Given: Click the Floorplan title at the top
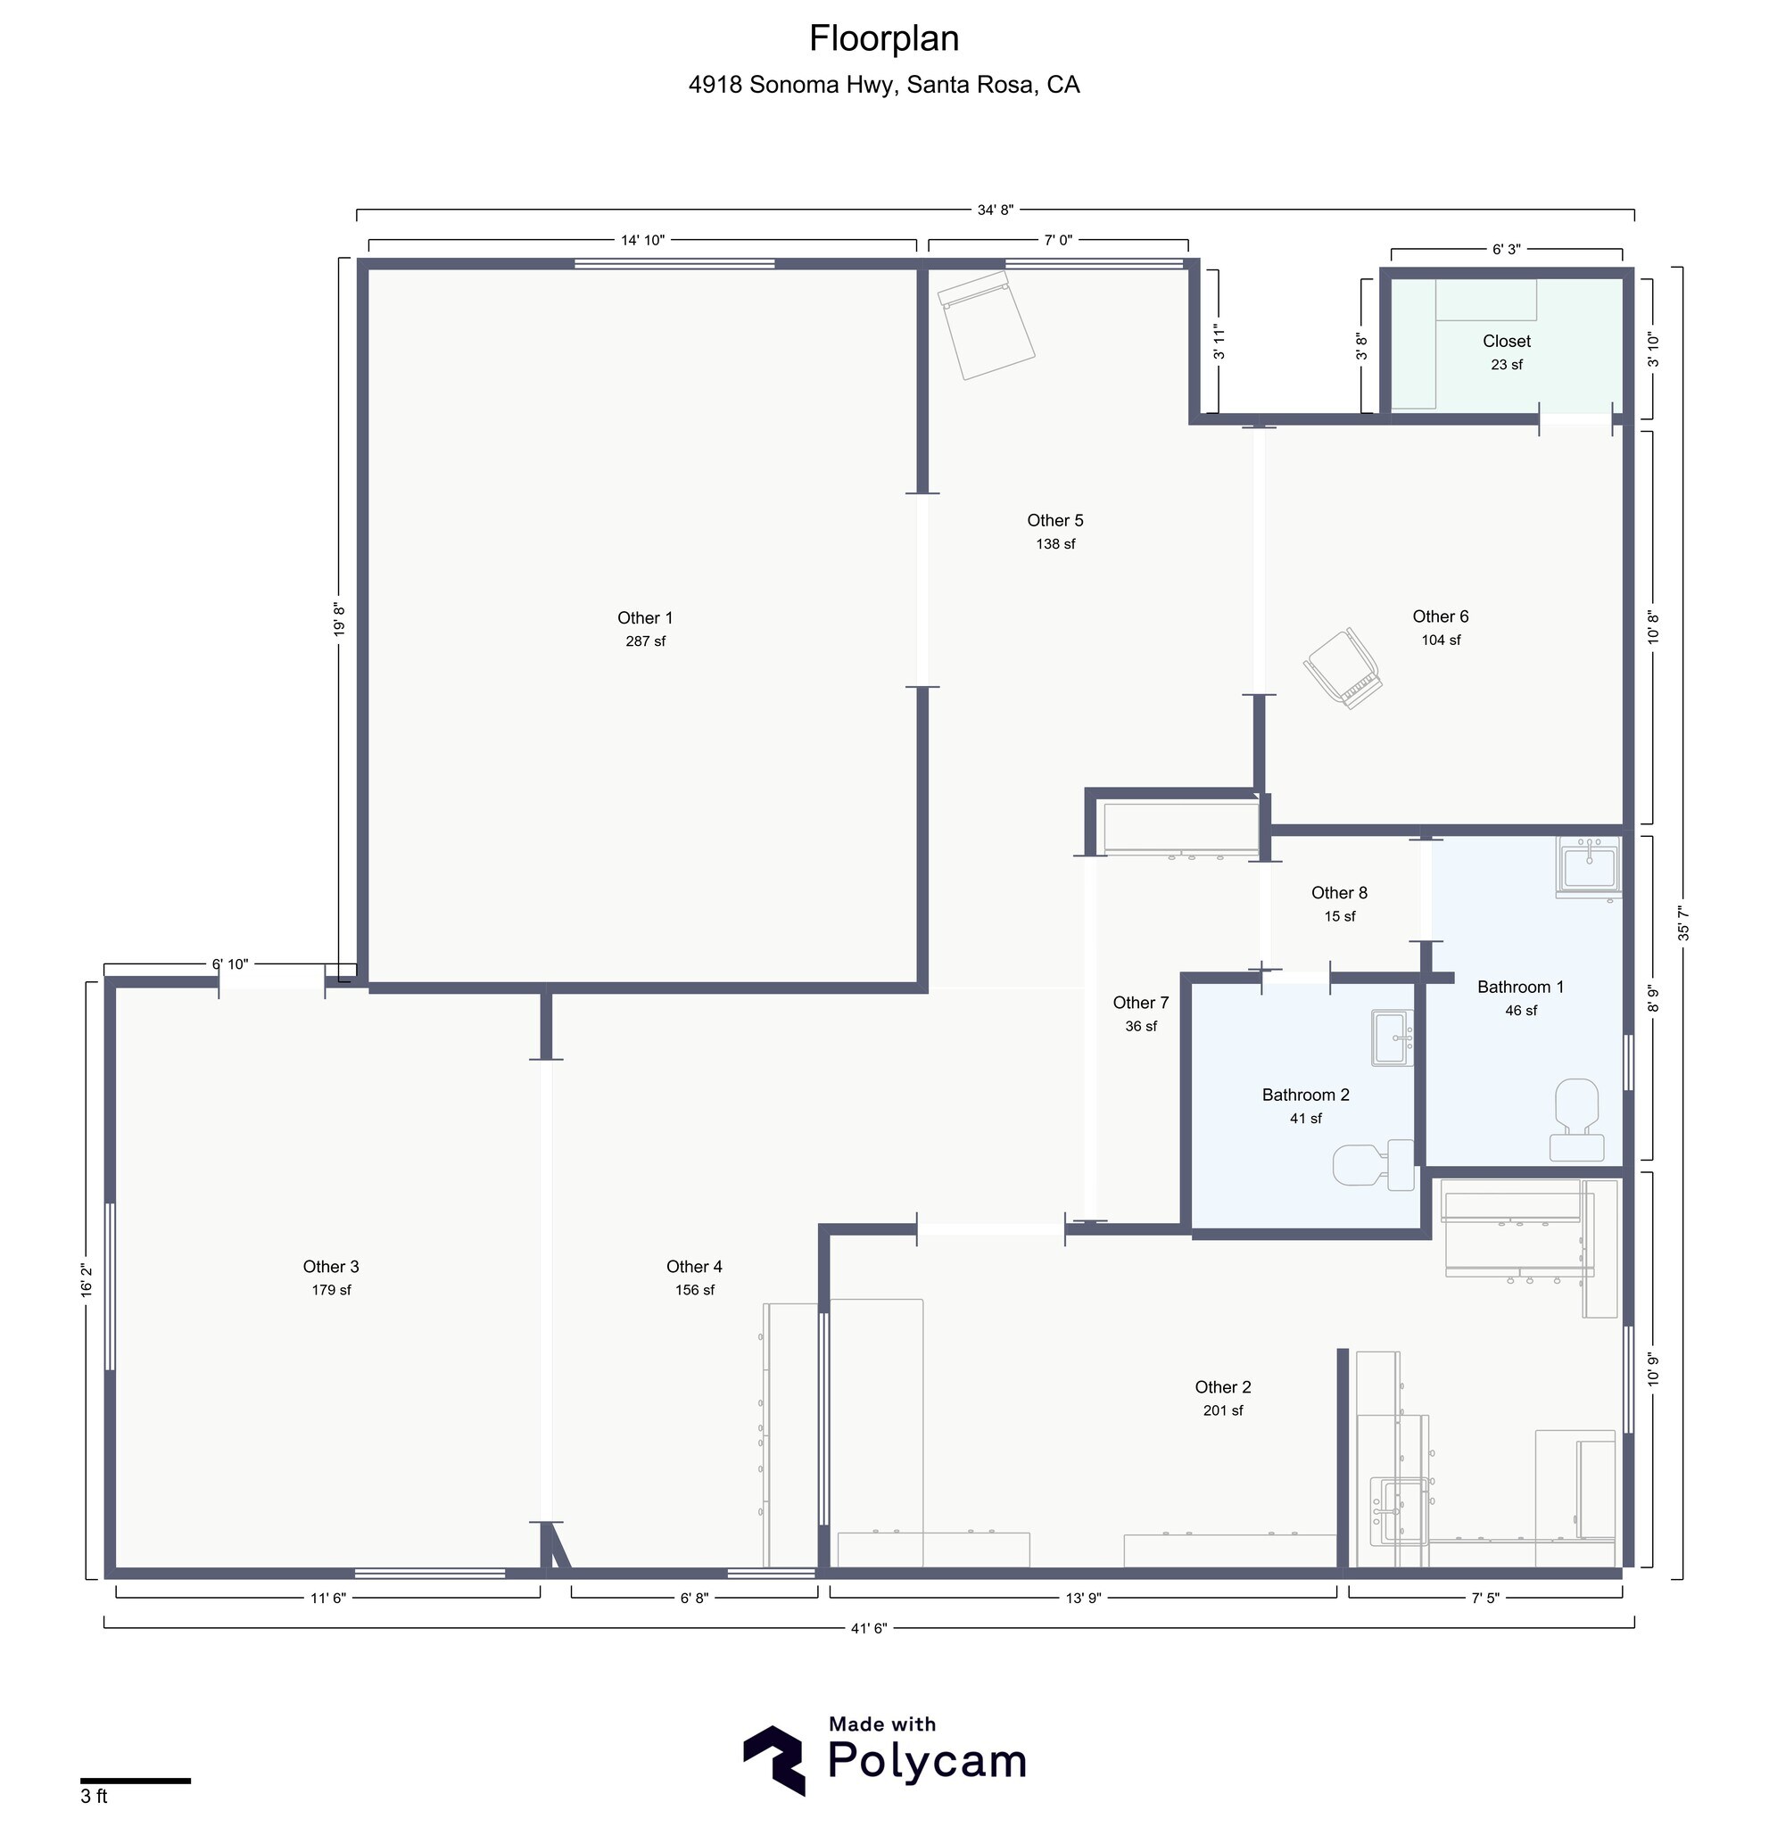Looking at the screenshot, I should (883, 39).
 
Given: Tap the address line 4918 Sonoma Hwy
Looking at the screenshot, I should (883, 85).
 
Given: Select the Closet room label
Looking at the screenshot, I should (1506, 341).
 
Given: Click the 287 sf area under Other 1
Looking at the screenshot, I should (645, 641).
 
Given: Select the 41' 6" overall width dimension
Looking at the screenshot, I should (869, 1628).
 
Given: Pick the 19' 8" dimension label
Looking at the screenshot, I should (339, 620).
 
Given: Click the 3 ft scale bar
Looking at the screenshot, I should (135, 1781).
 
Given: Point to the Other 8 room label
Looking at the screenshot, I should (1339, 893).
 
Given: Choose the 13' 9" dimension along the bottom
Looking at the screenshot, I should (1083, 1598).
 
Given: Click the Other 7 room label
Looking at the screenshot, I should (1140, 1003).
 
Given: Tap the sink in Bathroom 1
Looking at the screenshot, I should (1589, 866).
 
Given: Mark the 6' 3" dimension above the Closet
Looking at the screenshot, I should (1506, 250).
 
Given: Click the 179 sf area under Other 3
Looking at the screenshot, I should (331, 1290).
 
